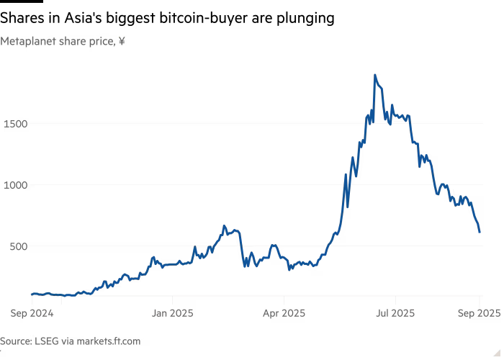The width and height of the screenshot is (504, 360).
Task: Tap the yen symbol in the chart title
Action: [122, 42]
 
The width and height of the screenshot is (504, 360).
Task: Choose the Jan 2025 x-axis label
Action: [172, 313]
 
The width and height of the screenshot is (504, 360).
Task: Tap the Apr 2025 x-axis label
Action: [284, 313]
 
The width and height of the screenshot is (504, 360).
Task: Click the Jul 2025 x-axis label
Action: [395, 313]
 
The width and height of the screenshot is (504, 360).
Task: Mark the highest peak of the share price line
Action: [375, 74]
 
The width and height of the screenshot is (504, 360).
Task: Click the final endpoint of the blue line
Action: [480, 232]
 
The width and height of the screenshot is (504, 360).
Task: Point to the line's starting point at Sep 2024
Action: [31, 294]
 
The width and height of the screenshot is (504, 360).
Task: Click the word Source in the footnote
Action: [14, 341]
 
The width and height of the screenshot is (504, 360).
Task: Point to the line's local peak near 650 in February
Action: [224, 226]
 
